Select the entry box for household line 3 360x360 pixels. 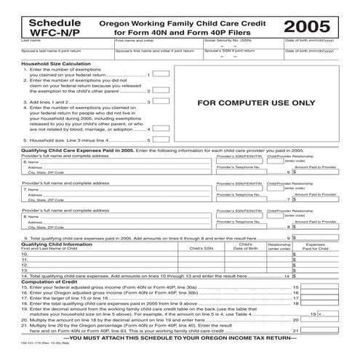[x=162, y=103]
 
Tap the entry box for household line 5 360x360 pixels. [x=162, y=139]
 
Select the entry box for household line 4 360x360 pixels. [x=162, y=127]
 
